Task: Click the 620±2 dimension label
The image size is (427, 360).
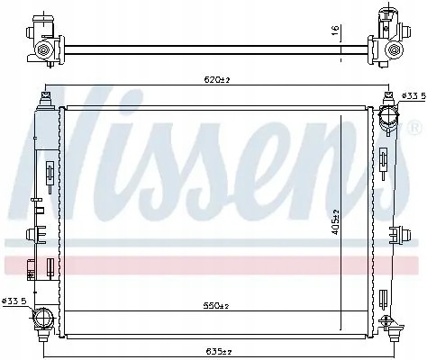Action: point(216,80)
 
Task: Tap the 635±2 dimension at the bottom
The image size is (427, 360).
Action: point(219,351)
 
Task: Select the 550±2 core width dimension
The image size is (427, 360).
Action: point(216,306)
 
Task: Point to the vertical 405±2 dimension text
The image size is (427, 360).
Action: point(335,222)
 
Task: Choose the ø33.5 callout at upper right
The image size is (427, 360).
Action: point(413,96)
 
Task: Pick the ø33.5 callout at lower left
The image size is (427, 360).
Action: point(14,301)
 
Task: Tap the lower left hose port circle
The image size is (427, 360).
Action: point(44,318)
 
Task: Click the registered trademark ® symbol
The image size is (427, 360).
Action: point(413,128)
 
